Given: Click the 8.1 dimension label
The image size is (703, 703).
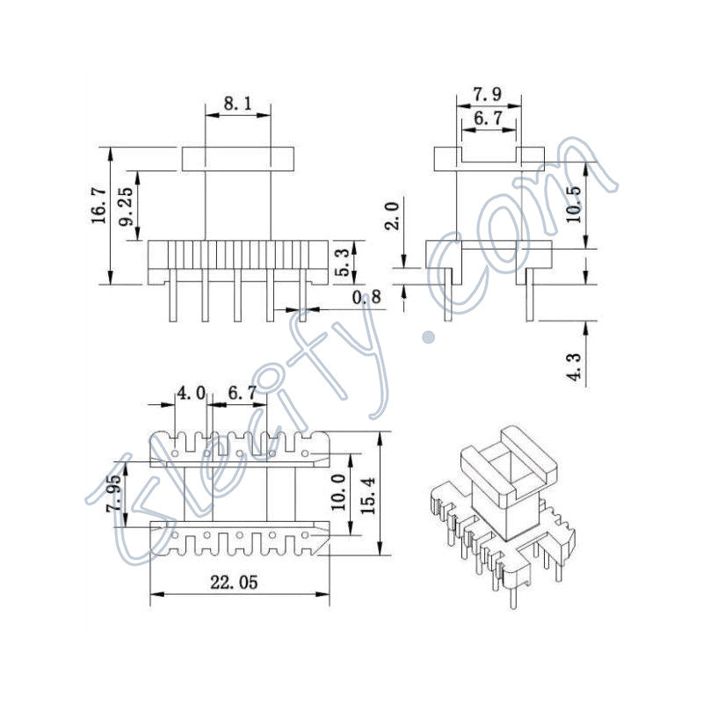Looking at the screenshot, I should pyautogui.click(x=237, y=104).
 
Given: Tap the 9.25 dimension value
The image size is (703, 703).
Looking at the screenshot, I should pyautogui.click(x=128, y=206).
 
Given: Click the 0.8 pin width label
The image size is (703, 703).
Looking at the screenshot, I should pyautogui.click(x=367, y=298).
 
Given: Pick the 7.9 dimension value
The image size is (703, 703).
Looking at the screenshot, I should pyautogui.click(x=488, y=93).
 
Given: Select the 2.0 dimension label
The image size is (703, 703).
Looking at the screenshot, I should pyautogui.click(x=393, y=216).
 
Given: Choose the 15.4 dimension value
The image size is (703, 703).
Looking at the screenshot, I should pyautogui.click(x=369, y=494).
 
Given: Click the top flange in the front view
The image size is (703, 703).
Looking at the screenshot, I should pyautogui.click(x=237, y=158).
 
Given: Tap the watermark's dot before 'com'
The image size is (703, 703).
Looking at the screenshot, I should pyautogui.click(x=430, y=335).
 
